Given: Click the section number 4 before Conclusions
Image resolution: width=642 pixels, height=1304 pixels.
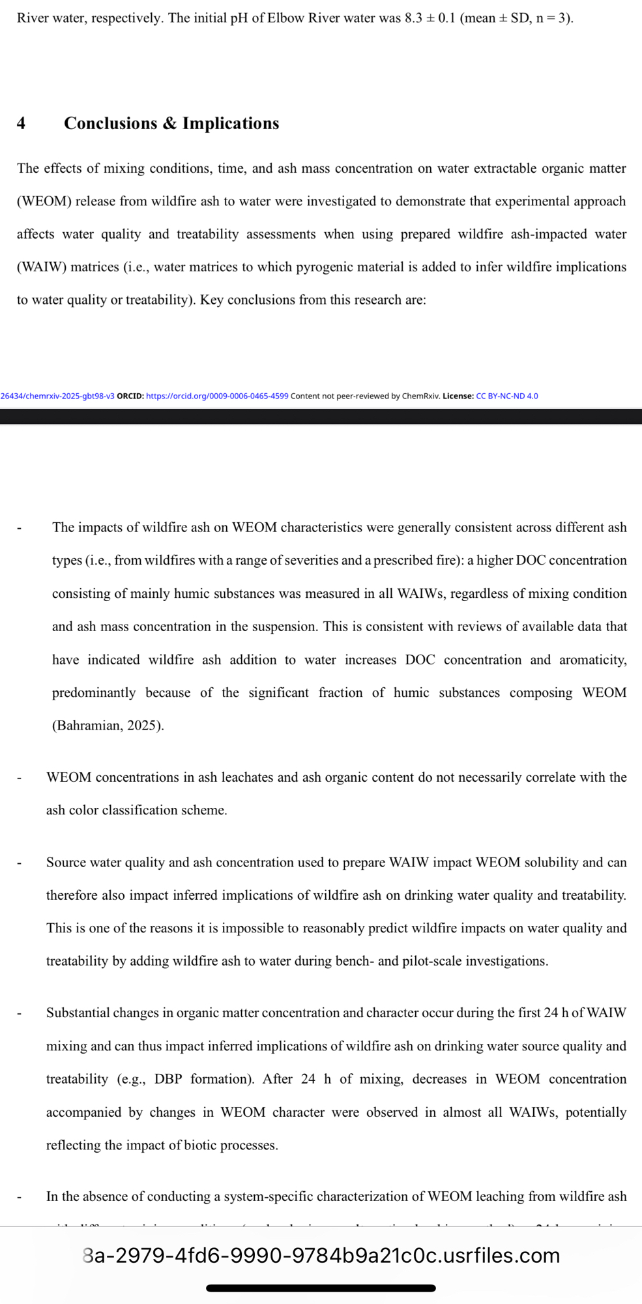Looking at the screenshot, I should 22,123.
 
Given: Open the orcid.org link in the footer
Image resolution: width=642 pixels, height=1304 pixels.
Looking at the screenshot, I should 217,396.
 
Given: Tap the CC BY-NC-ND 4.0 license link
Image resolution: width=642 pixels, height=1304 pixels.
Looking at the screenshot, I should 507,396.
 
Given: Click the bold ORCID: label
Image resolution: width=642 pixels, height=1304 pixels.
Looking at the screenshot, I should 130,396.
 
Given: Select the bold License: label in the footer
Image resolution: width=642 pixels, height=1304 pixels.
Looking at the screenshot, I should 458,396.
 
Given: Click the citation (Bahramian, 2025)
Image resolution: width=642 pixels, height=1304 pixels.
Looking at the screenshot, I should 108,725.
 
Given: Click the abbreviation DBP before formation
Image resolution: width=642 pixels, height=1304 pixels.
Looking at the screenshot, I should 168,1079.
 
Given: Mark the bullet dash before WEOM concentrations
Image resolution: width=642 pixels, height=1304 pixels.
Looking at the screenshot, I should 20,778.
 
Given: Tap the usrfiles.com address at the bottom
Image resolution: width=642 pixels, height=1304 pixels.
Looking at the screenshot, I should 321,1255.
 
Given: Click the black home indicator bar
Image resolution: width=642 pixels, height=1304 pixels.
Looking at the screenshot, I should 321,1288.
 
